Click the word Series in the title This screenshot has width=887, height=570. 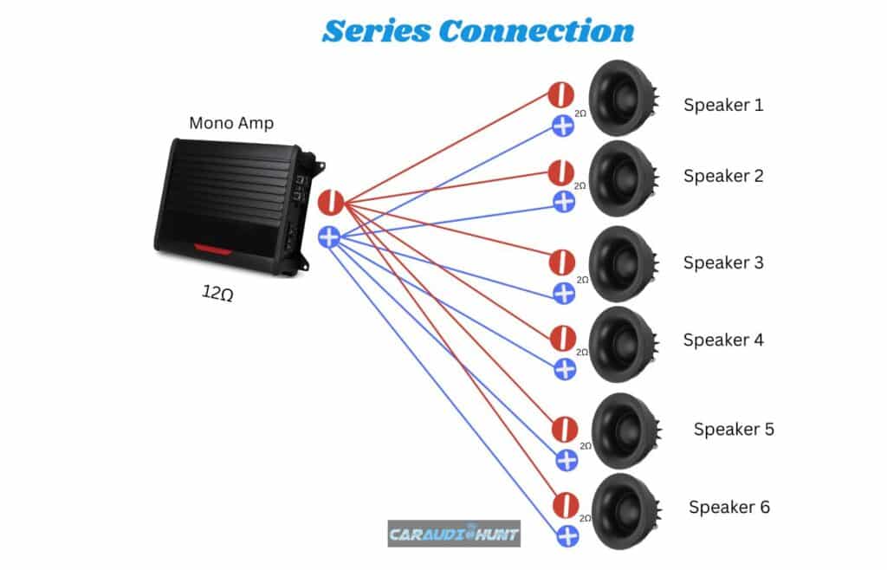click(375, 30)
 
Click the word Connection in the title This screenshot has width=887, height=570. click(535, 30)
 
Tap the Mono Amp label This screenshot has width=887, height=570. click(231, 123)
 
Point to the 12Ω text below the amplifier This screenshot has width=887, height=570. click(217, 295)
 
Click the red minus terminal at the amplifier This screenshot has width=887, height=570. click(331, 203)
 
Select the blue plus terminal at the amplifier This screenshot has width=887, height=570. click(330, 236)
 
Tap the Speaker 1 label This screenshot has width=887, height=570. click(723, 106)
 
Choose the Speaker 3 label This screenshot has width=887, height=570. click(723, 262)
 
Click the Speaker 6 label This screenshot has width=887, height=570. click(728, 508)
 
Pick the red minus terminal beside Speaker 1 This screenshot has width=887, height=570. click(561, 95)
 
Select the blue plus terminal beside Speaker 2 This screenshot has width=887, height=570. click(564, 203)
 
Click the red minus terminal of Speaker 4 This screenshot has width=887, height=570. click(562, 338)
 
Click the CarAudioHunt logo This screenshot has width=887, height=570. click(453, 534)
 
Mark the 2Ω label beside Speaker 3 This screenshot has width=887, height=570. click(583, 280)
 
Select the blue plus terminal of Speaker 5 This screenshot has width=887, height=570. click(567, 460)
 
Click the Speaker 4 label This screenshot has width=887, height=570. click(723, 340)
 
